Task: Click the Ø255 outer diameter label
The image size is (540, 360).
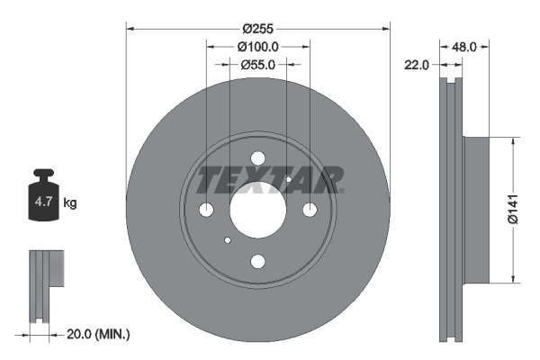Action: point(259,18)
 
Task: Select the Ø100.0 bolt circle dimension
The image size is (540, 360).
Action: point(259,45)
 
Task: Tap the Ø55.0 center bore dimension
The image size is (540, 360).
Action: point(259,65)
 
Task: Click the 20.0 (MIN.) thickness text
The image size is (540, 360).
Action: point(99,334)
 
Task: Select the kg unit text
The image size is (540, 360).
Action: point(70,203)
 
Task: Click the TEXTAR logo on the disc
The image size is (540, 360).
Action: point(269,180)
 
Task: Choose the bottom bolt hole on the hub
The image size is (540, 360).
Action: point(258,261)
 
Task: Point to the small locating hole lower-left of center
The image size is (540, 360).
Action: point(229,240)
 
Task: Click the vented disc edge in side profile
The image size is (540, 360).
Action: point(451,207)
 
